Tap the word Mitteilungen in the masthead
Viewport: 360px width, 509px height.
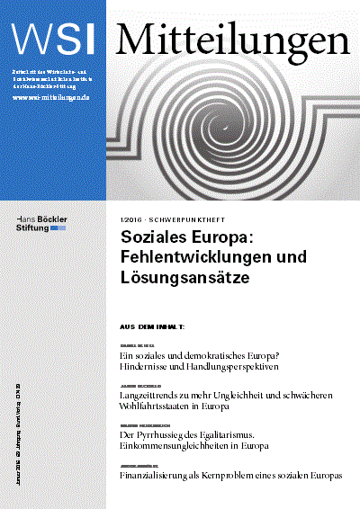(233, 37)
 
